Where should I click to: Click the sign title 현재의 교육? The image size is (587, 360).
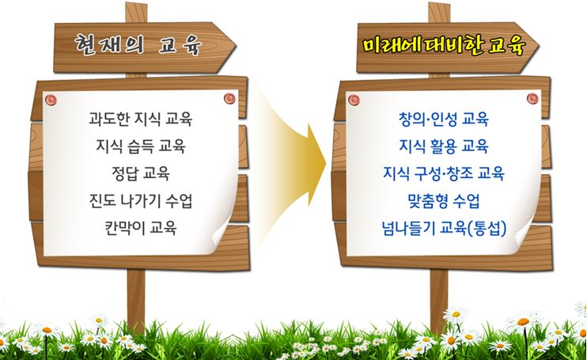click(x=138, y=45)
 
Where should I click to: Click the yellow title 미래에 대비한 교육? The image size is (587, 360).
click(x=444, y=46)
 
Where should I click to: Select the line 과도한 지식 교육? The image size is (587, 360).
click(x=140, y=119)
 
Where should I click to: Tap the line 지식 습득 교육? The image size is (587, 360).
click(x=140, y=146)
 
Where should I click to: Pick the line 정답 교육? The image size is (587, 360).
click(x=141, y=173)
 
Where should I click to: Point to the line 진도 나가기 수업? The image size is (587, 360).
click(x=140, y=201)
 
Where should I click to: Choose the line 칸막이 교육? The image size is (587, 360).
click(x=140, y=228)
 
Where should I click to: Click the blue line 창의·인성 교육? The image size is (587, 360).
click(x=444, y=119)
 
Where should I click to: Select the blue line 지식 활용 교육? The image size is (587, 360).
click(x=444, y=146)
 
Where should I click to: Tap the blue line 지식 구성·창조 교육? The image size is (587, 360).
click(x=444, y=173)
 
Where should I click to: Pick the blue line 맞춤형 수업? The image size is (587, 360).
click(x=444, y=201)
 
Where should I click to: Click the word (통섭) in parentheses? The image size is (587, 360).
click(x=487, y=228)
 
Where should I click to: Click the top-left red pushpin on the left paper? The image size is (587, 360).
click(x=51, y=100)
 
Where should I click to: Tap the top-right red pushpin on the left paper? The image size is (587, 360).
click(x=229, y=98)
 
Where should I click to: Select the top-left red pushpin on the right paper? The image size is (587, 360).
click(x=354, y=100)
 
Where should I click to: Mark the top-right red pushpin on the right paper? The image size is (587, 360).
click(x=532, y=98)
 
